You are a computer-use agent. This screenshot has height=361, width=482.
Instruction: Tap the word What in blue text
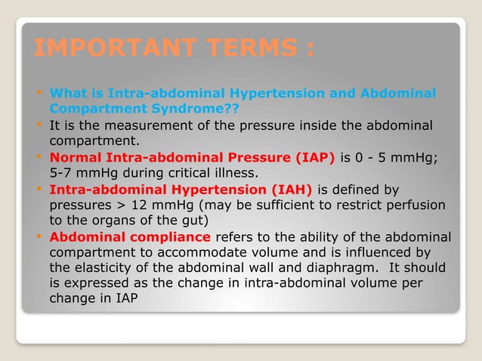(x=66, y=94)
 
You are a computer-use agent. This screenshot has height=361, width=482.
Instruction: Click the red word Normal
(x=76, y=157)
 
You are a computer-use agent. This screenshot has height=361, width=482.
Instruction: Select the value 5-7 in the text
(x=64, y=172)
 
